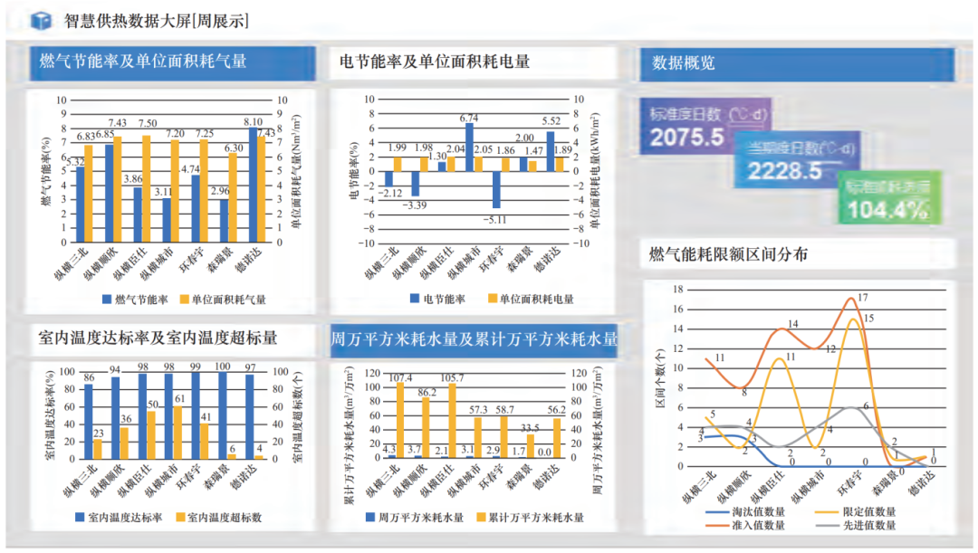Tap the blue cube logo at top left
[x=41, y=21]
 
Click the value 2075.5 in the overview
[x=687, y=138]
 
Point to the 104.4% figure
[x=887, y=211]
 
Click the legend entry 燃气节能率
[x=135, y=299]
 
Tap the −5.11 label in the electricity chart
[x=495, y=219]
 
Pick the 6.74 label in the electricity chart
[x=469, y=118]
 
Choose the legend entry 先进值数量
[x=867, y=525]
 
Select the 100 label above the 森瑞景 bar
[x=222, y=367]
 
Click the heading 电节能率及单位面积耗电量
[x=435, y=62]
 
